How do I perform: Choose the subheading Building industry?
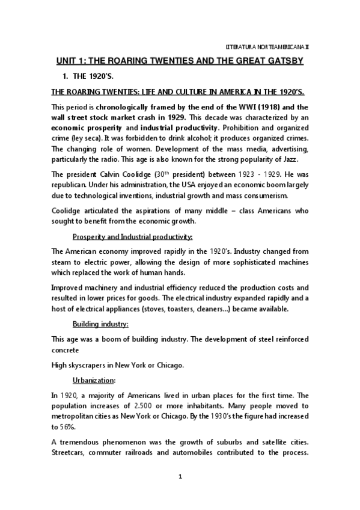pyautogui.click(x=97, y=325)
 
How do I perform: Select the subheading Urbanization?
pyautogui.click(x=93, y=381)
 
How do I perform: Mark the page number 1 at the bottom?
pyautogui.click(x=180, y=493)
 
